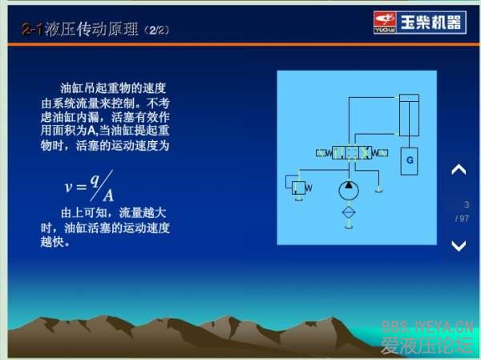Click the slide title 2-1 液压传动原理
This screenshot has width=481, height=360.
(80, 30)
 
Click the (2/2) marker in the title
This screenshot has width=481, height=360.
(156, 31)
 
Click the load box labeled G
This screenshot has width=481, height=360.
(409, 161)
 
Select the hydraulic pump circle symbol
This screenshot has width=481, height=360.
(348, 191)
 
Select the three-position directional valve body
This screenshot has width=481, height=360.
(349, 152)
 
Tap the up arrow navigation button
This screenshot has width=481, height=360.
(459, 170)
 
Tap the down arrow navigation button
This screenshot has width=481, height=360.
(459, 246)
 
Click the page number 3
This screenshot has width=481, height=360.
(466, 205)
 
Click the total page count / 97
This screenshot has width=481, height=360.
(462, 218)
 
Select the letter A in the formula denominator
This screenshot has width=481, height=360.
(107, 195)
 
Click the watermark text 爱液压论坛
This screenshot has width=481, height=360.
(426, 346)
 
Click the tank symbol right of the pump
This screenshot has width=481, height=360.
(378, 188)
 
